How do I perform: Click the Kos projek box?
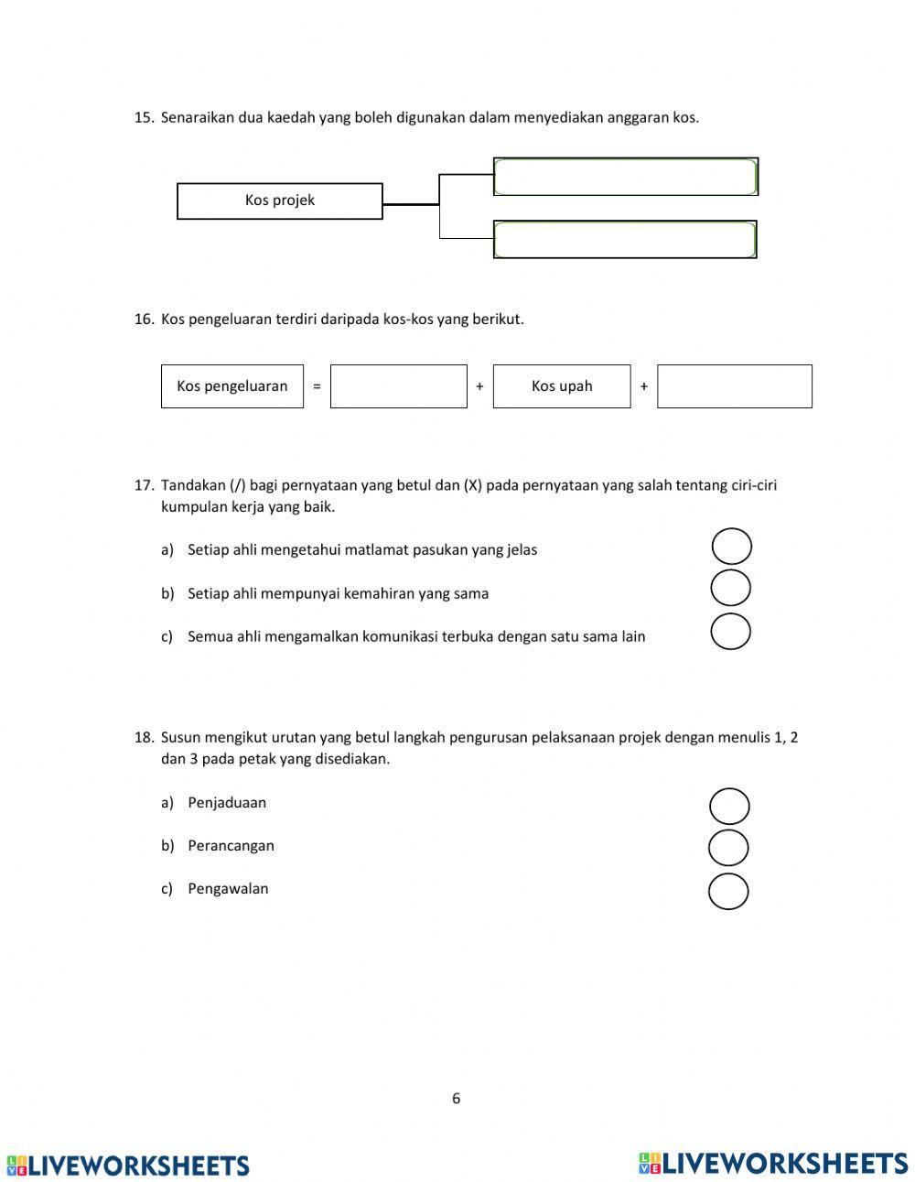click(x=279, y=201)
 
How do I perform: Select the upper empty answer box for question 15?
click(x=626, y=177)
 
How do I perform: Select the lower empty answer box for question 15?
click(x=625, y=240)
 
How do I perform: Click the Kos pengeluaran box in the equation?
click(x=232, y=386)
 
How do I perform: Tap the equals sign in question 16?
click(x=317, y=386)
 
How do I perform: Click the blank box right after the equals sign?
click(x=399, y=386)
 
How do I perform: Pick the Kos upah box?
click(x=562, y=386)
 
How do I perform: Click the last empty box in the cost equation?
click(x=734, y=386)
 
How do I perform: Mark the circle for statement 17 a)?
click(x=731, y=547)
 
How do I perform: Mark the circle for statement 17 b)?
click(x=730, y=588)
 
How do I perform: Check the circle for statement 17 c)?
click(x=730, y=632)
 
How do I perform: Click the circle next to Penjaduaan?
click(x=729, y=807)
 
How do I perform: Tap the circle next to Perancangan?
click(x=728, y=848)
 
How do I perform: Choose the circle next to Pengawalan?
click(x=728, y=891)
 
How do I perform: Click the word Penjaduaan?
click(x=227, y=803)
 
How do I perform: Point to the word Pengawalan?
click(x=228, y=889)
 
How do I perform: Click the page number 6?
click(x=457, y=1099)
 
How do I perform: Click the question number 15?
click(x=144, y=117)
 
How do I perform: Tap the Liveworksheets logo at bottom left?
click(x=128, y=1166)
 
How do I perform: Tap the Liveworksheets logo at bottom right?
click(x=773, y=1163)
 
